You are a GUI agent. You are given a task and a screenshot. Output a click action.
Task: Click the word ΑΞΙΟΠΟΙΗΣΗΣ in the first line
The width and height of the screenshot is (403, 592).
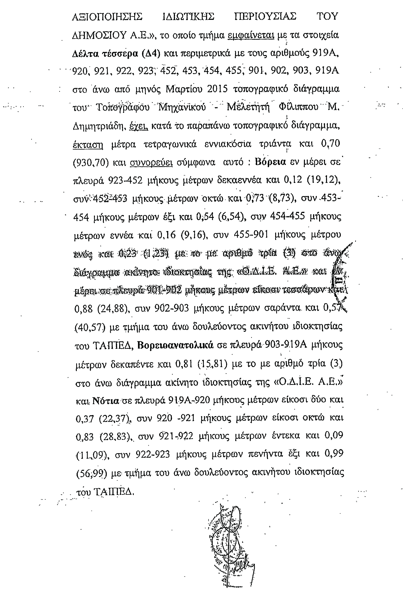[x=107, y=17]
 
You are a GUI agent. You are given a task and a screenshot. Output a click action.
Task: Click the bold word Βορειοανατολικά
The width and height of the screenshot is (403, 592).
[x=175, y=345]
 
